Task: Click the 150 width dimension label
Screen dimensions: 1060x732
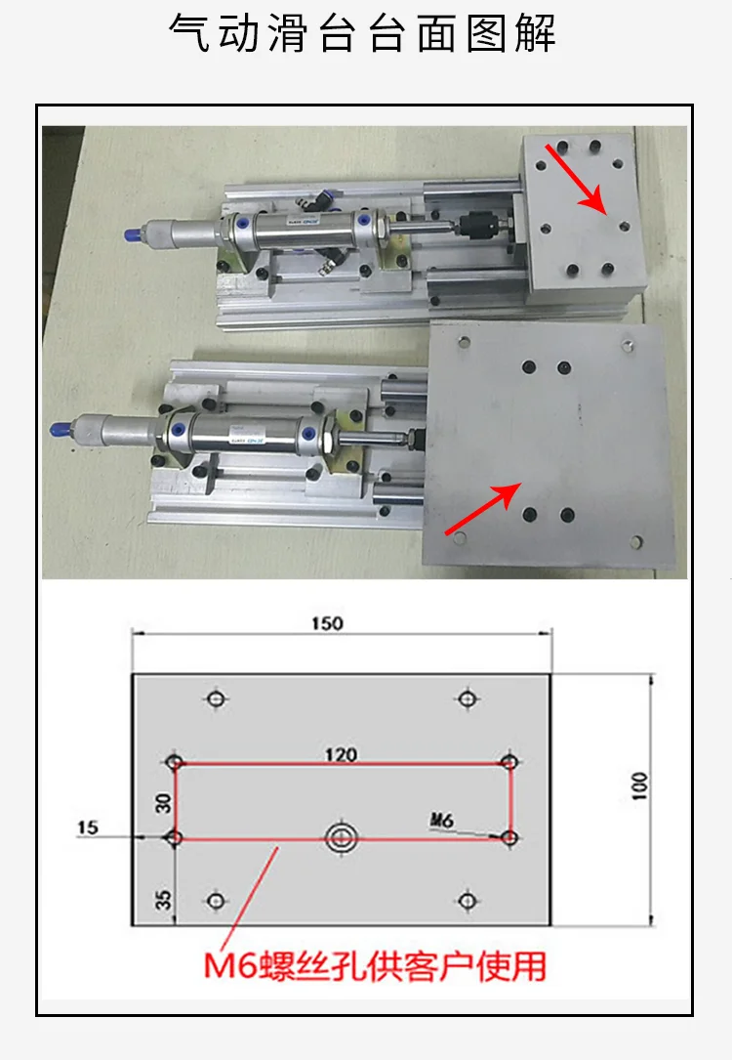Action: tap(329, 623)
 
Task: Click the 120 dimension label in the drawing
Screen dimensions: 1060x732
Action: tap(342, 753)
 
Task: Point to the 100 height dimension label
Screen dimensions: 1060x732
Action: tap(639, 786)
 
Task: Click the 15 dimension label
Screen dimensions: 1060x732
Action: tap(88, 827)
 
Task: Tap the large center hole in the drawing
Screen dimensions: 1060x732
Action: tap(343, 837)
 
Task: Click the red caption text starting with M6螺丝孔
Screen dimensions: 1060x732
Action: tap(374, 966)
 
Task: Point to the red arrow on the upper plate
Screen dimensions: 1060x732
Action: tap(577, 177)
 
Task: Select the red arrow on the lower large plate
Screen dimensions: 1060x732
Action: tap(481, 508)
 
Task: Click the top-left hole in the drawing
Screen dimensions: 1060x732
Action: tap(216, 699)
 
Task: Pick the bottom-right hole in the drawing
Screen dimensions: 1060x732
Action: tap(468, 900)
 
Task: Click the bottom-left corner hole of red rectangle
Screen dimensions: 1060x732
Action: tap(175, 837)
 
